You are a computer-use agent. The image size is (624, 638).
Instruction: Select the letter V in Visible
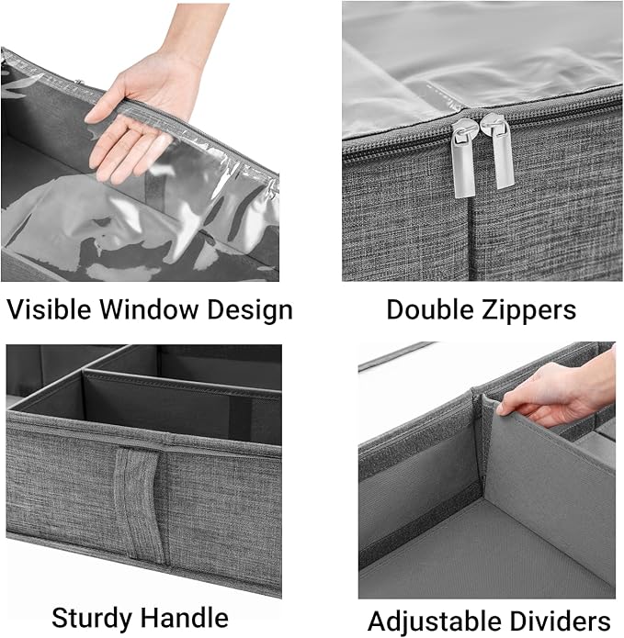[x=14, y=309]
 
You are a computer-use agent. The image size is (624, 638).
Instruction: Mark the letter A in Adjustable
[x=377, y=619]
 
